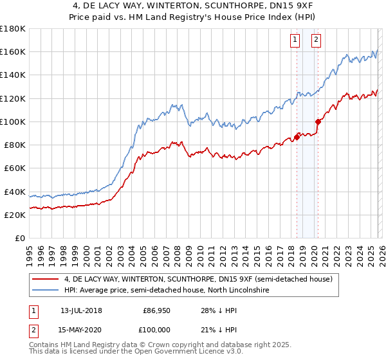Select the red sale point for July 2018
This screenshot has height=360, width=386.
pos(297,136)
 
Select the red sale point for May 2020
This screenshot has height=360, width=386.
pos(318,122)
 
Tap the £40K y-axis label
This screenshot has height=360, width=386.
pos(14,192)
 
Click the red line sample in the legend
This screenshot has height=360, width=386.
pos(46,279)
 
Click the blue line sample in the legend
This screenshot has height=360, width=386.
pos(46,291)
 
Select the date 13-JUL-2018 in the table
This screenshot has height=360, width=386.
pos(81,310)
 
